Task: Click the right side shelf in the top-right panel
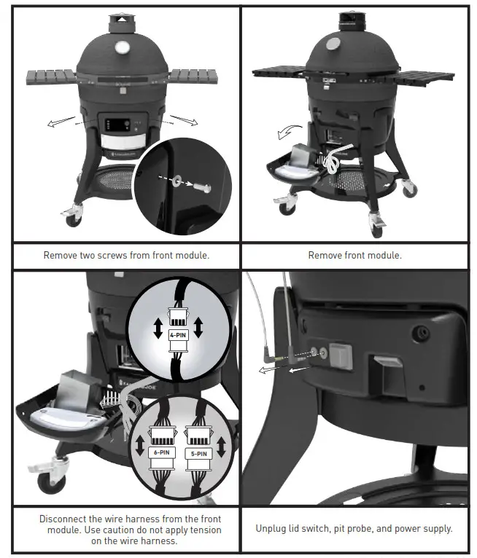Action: (427, 75)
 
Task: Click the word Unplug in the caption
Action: (274, 528)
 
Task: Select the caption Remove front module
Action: (354, 255)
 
